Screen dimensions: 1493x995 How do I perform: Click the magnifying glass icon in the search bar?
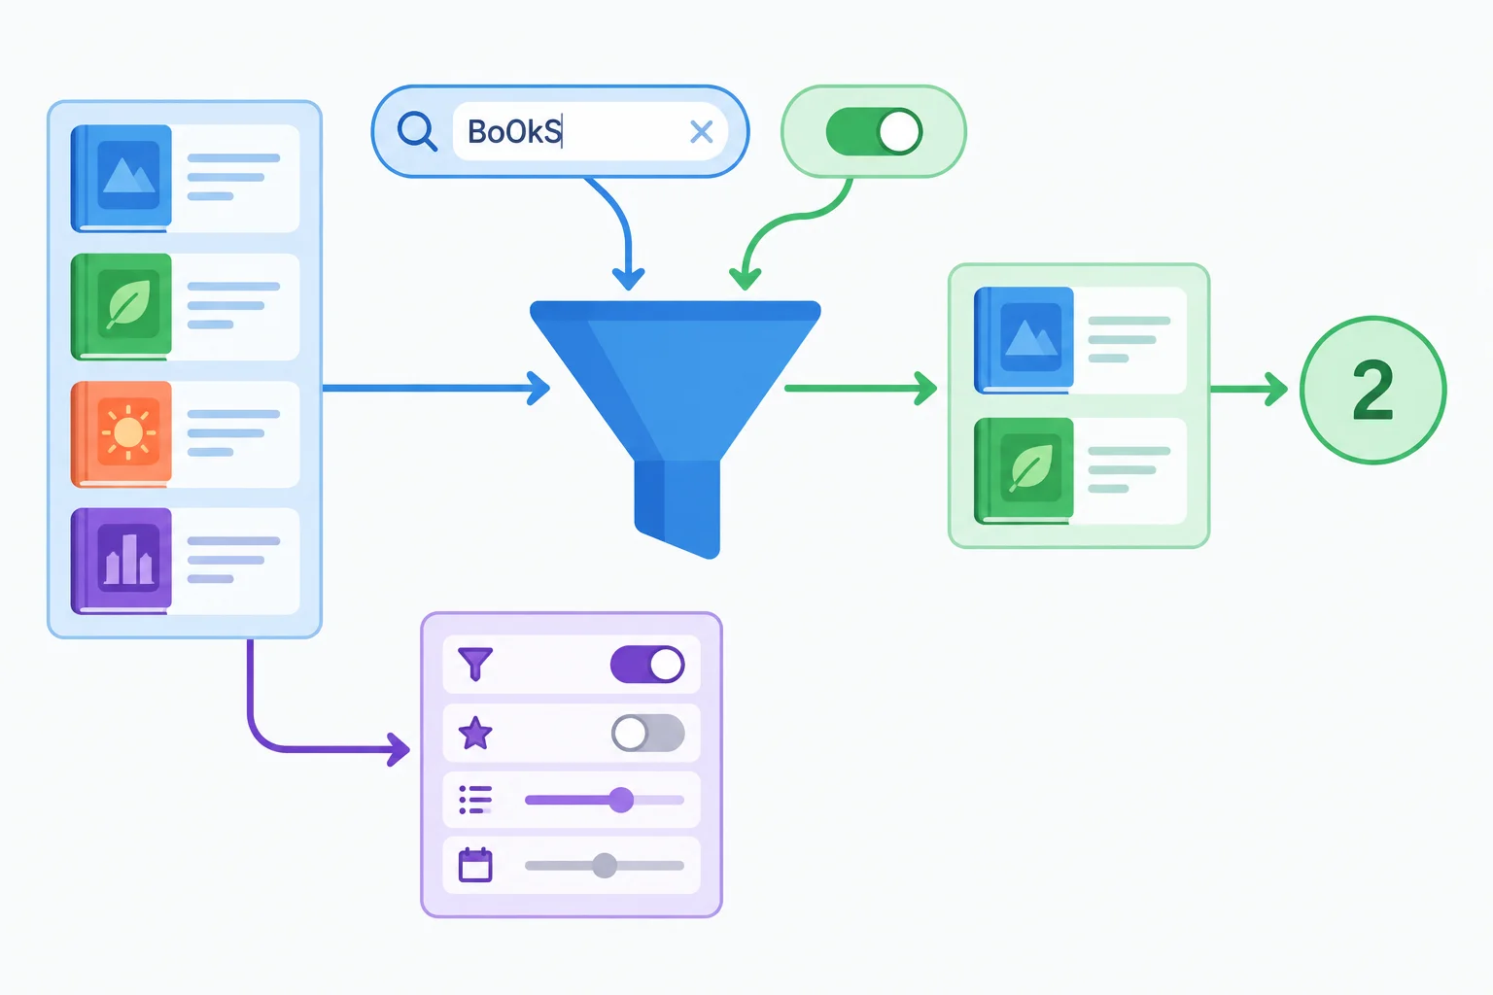(x=417, y=131)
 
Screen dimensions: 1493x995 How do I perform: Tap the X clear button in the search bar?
(x=701, y=132)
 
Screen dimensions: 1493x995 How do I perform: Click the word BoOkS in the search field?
(x=514, y=131)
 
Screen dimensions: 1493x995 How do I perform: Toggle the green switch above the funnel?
(x=874, y=132)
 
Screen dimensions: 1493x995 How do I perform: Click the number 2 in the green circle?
(x=1373, y=390)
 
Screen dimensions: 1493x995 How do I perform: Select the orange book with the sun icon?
(x=122, y=434)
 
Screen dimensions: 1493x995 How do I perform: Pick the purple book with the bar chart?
(x=122, y=562)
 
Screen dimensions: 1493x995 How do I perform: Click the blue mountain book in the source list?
(x=122, y=179)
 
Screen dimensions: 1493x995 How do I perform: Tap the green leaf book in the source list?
(x=122, y=306)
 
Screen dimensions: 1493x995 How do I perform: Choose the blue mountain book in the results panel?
(x=1024, y=340)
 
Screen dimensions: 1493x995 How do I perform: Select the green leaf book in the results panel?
(x=1024, y=471)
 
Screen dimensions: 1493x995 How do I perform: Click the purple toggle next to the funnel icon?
(x=647, y=665)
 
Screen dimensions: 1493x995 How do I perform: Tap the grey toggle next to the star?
(x=648, y=733)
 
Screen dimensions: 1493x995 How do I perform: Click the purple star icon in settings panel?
(x=475, y=733)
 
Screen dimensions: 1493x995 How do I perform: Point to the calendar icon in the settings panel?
(x=475, y=865)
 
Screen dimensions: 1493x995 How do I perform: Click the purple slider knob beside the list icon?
(x=621, y=800)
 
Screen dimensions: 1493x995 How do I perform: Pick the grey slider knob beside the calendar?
(x=605, y=866)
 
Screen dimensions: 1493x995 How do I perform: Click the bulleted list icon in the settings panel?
(x=475, y=800)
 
